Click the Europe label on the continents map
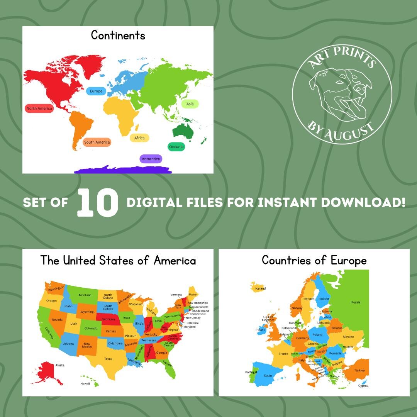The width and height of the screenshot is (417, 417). tap(96, 91)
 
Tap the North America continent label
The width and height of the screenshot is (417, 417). tap(39, 108)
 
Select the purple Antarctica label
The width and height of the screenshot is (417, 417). tap(151, 159)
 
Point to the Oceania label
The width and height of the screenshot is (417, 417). tap(176, 147)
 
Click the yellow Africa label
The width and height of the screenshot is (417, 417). tap(139, 138)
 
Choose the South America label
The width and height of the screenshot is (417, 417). tap(97, 142)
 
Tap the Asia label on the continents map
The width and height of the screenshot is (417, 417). tap(190, 104)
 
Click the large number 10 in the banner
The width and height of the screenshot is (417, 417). tap(97, 203)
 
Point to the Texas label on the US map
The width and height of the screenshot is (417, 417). tap(108, 359)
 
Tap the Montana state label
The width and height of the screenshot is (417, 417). tap(85, 295)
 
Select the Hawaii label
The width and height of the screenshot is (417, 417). tap(85, 384)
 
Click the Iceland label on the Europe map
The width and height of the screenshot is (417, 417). tap(260, 288)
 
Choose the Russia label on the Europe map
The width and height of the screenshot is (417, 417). tap(356, 302)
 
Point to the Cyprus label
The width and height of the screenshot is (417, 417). tap(363, 386)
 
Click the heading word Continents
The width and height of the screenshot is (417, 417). tap(118, 36)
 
